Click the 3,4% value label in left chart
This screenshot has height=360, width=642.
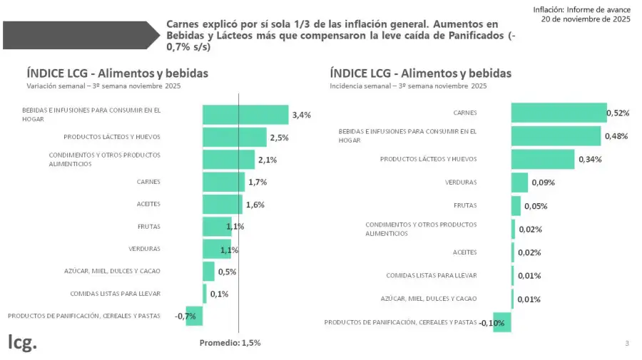coord(301,115)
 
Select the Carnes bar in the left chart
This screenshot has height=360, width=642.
coord(223,182)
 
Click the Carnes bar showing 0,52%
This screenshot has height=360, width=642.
coord(559,113)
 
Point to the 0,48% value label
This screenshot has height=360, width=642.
coord(616,136)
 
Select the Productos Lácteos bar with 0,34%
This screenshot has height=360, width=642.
coord(542,159)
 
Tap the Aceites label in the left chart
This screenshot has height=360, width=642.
coord(148,205)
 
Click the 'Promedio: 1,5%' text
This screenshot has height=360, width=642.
coord(230,343)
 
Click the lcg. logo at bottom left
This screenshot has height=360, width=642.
coord(22,341)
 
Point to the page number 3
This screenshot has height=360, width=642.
coord(627,344)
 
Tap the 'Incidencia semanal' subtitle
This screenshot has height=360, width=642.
coord(408,86)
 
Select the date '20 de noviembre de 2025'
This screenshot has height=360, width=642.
coord(585,19)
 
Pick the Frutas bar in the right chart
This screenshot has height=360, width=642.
coord(516,206)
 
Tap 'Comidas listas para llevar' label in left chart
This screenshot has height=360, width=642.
coord(115,294)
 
